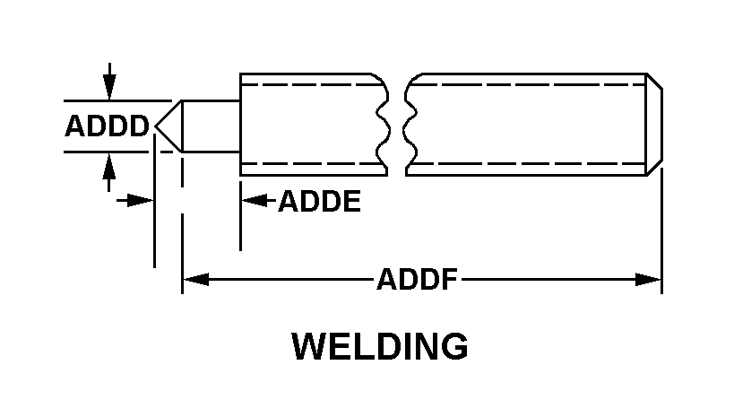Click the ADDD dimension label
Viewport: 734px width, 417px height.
click(107, 126)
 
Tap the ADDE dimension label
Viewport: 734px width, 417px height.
click(319, 202)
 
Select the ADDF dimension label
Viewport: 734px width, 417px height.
click(417, 280)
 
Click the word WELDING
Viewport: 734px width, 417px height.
click(380, 346)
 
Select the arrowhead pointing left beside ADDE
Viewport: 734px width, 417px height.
click(254, 201)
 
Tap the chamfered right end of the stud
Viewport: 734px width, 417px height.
click(655, 126)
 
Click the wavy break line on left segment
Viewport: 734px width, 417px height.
click(384, 126)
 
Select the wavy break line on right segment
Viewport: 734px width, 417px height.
click(410, 126)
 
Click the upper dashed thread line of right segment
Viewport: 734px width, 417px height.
click(529, 86)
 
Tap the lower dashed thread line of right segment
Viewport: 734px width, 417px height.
click(529, 164)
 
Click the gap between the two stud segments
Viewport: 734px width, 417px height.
click(397, 126)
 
